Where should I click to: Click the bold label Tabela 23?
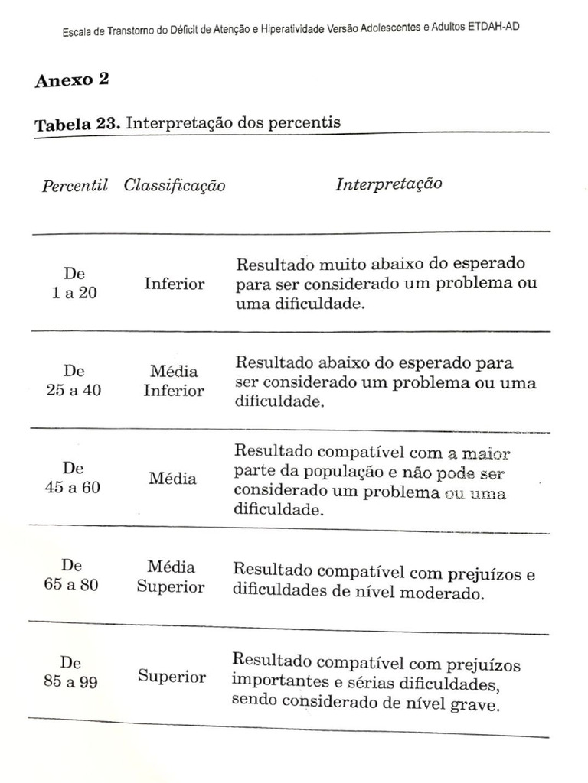pyautogui.click(x=77, y=125)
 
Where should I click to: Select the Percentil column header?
pyautogui.click(x=74, y=186)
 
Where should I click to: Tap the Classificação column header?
pyautogui.click(x=175, y=186)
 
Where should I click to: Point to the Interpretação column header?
pyautogui.click(x=388, y=184)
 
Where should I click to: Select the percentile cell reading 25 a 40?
pyautogui.click(x=73, y=381)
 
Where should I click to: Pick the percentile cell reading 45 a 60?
pyautogui.click(x=73, y=478)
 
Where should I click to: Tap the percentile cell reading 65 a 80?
pyautogui.click(x=71, y=577)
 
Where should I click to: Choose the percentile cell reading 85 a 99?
pyautogui.click(x=70, y=673)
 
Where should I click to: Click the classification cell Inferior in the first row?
pyautogui.click(x=174, y=284)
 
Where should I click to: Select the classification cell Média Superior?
pyautogui.click(x=171, y=577)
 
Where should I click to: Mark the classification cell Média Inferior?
pyautogui.click(x=174, y=381)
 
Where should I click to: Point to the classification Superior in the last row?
pyautogui.click(x=171, y=677)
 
